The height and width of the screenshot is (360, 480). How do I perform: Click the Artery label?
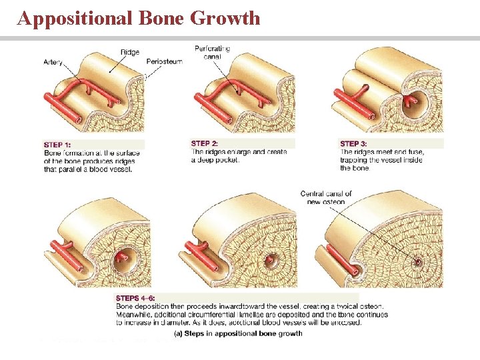[53, 62]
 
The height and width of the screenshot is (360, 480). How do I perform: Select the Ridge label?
[130, 52]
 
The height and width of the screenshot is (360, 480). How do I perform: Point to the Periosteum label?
[164, 62]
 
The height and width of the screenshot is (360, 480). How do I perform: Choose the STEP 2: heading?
[204, 143]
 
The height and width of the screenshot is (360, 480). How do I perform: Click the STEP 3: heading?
[353, 143]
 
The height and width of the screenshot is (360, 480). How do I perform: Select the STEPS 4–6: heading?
[137, 298]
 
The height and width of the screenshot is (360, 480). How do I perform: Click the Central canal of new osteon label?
[326, 198]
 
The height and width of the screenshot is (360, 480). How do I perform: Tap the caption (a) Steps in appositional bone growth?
[238, 333]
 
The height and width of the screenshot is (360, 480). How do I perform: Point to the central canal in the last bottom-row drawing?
[418, 261]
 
